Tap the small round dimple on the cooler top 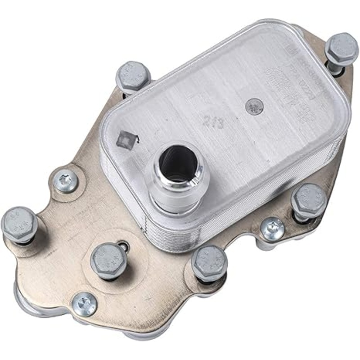coord(253,106)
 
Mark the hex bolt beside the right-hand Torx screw coord(308,200)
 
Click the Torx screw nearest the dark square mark coord(65,181)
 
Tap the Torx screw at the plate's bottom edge coord(85,304)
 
